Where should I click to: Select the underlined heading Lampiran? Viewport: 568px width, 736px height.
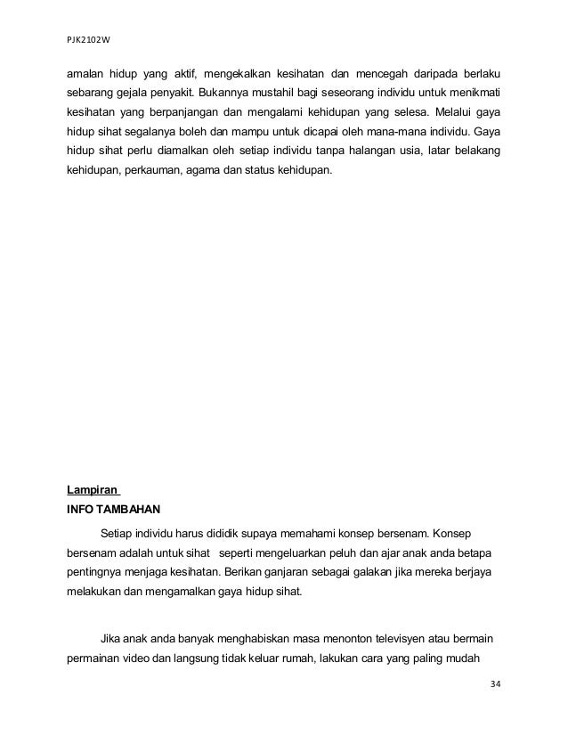click(93, 489)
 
